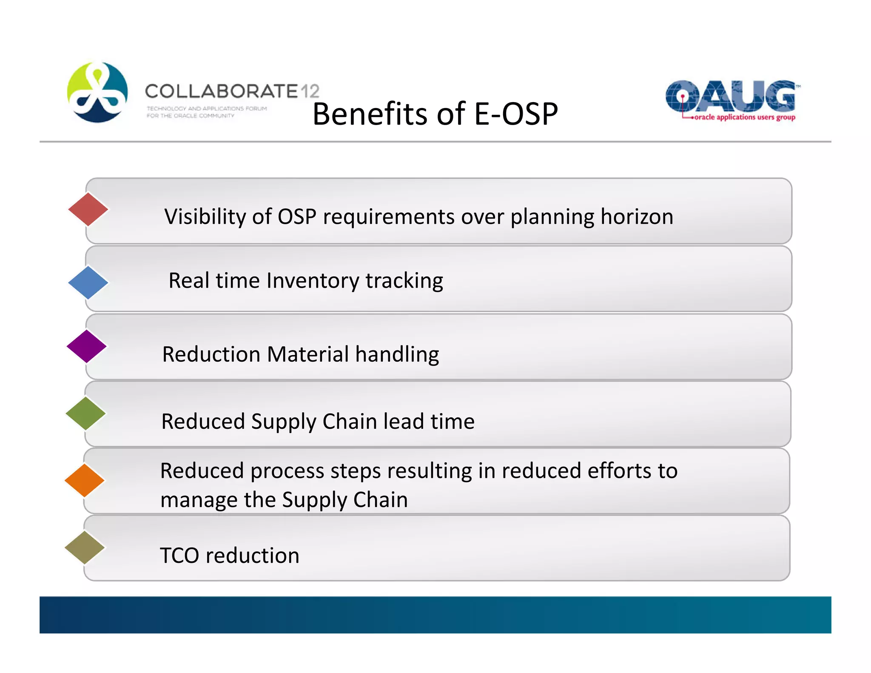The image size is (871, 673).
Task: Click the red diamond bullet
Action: (x=88, y=209)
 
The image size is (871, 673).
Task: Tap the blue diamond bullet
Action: (x=88, y=282)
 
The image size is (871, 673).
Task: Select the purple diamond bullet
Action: (x=87, y=346)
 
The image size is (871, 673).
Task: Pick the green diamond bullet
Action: (x=86, y=413)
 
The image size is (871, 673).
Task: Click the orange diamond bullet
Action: (x=85, y=480)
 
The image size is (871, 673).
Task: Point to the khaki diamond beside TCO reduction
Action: (x=85, y=548)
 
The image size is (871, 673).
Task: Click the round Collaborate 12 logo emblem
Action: (x=97, y=92)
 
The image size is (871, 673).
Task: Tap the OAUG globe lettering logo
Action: (x=731, y=96)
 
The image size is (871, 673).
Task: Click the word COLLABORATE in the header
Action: (x=221, y=91)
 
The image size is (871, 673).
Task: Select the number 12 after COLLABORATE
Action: (x=310, y=91)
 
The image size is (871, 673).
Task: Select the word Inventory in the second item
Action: (x=313, y=281)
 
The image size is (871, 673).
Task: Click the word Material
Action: (x=308, y=354)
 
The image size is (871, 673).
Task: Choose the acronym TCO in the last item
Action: (x=179, y=555)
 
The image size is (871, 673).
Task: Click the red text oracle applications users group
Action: (x=744, y=117)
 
